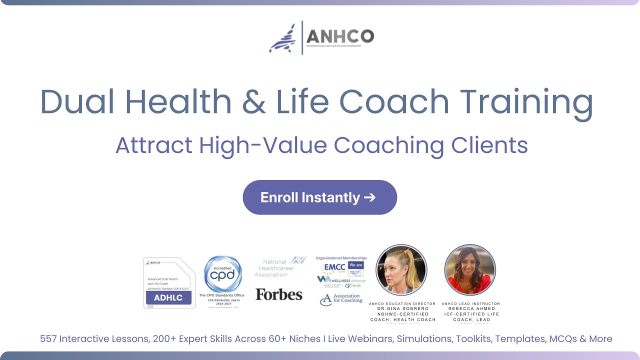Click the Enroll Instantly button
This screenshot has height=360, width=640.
(319, 197)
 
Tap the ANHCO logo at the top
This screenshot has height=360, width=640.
(321, 37)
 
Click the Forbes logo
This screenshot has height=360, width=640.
(279, 294)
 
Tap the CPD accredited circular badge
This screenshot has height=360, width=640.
(223, 274)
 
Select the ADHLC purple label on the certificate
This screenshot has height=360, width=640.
(168, 298)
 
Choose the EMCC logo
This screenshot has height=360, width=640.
(334, 267)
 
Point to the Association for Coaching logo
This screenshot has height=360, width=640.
(341, 299)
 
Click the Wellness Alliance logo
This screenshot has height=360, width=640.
(341, 280)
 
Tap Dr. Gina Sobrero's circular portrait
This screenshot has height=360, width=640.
(401, 270)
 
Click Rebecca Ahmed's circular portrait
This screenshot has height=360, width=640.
(470, 270)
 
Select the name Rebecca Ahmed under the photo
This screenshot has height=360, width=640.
(471, 308)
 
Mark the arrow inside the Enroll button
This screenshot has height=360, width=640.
(369, 197)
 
